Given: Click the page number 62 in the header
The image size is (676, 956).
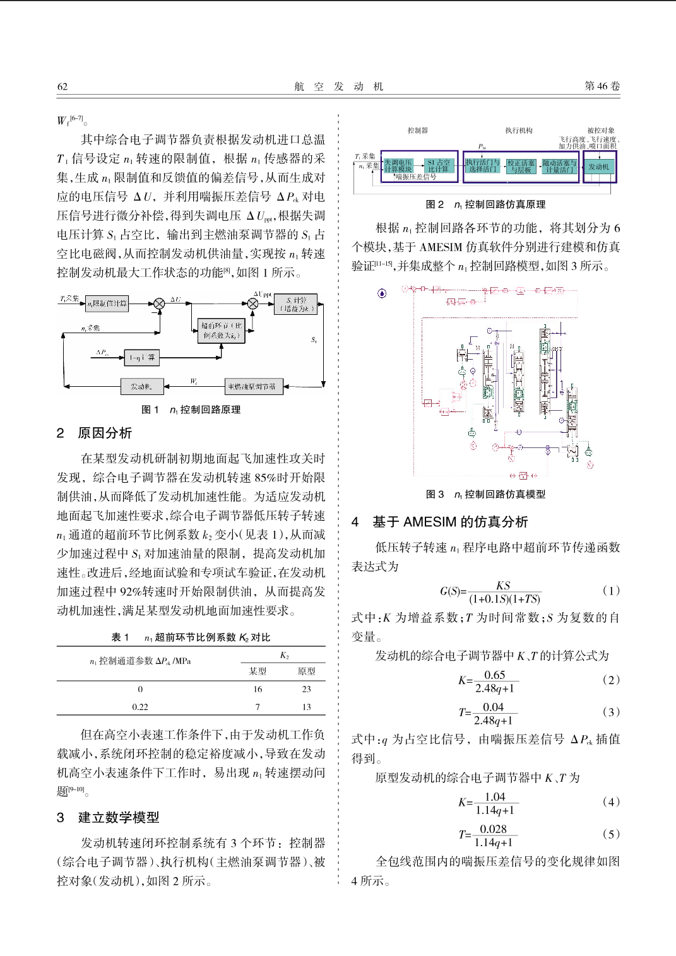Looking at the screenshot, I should (62, 86).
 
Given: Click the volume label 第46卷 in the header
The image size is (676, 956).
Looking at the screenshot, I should (602, 86).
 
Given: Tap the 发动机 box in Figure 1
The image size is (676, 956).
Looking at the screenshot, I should (142, 386).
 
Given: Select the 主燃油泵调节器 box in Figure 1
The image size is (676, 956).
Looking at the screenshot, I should (253, 386).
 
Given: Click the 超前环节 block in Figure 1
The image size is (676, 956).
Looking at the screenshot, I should (220, 331).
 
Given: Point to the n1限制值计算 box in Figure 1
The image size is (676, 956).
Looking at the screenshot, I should (107, 304).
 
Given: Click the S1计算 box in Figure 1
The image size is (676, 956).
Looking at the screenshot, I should (295, 304).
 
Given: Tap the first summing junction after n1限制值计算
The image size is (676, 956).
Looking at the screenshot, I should (160, 304).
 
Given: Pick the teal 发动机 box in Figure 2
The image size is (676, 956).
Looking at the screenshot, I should (598, 167).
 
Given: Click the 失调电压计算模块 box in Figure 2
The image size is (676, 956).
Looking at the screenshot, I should (398, 166).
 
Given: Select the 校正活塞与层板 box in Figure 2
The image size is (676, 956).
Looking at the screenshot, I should (521, 166).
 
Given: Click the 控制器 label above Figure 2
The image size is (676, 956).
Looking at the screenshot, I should (417, 131).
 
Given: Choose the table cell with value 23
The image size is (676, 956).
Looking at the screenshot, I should (306, 689).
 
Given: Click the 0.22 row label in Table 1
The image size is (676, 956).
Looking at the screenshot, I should (140, 707).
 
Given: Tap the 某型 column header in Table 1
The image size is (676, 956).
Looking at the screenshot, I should (258, 671).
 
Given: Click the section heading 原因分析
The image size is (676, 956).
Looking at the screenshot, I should (105, 433).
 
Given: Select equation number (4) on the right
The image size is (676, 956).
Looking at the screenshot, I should (611, 801).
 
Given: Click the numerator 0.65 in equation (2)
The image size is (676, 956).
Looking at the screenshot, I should (494, 675).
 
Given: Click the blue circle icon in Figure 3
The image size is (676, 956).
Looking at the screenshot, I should (382, 293).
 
